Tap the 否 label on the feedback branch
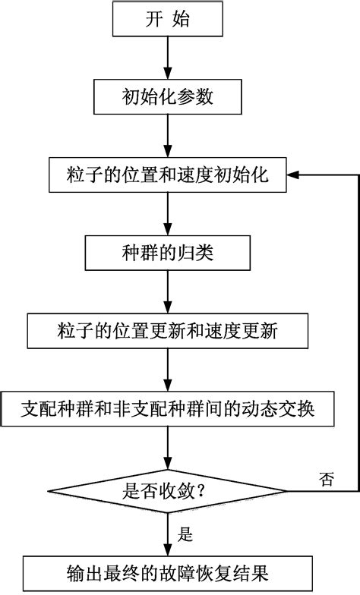pyautogui.click(x=326, y=478)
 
